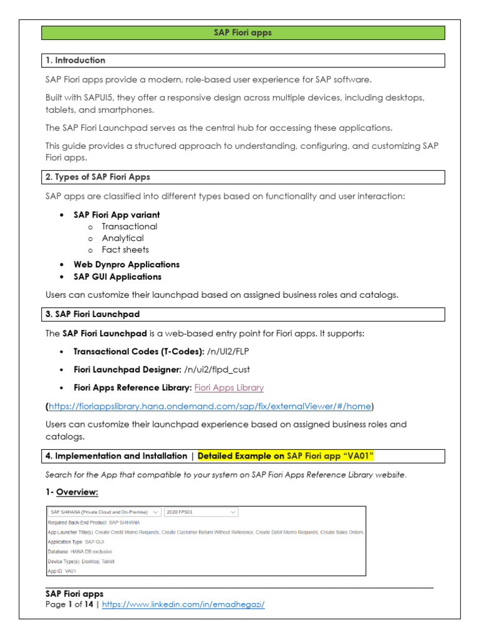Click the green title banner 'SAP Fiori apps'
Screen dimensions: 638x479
click(243, 33)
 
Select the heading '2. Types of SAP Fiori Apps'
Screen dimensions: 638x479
click(98, 177)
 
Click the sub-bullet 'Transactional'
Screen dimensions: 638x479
click(129, 226)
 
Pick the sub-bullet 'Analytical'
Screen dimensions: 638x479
click(122, 238)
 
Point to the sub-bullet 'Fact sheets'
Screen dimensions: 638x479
click(125, 250)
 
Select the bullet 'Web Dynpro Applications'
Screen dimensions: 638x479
click(126, 264)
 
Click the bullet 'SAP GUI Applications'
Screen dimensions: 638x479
click(117, 277)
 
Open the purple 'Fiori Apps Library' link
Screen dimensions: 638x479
click(229, 388)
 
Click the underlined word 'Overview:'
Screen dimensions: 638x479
click(77, 492)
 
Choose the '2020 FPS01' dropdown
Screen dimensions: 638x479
click(201, 512)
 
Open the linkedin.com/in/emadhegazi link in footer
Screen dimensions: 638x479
click(183, 604)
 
